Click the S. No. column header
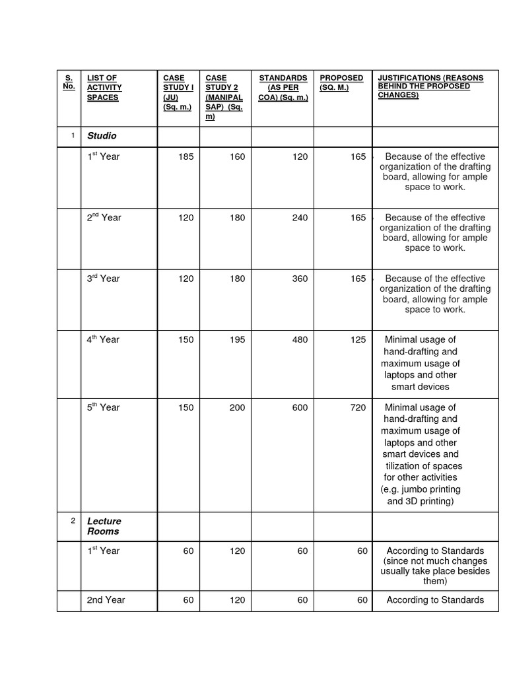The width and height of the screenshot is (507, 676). point(69,82)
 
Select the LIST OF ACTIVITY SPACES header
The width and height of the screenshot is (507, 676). point(104,88)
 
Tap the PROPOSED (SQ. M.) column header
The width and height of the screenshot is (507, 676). point(341,83)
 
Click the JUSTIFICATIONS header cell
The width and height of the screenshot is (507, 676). point(430,86)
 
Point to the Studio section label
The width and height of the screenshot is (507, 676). point(102,135)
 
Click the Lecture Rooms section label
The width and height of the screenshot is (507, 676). point(104,526)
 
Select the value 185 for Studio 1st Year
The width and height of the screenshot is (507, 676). point(186,156)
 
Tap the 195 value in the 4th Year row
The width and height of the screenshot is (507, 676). point(236,339)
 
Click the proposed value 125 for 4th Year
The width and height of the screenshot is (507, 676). point(358,339)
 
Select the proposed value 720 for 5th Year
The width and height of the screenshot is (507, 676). point(358,407)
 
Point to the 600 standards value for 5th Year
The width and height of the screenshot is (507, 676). point(299,407)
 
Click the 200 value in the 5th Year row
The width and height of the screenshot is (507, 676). point(236,407)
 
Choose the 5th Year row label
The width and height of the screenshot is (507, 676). point(104,407)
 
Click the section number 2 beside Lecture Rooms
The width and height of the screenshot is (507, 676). point(73,521)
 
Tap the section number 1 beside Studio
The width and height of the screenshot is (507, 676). point(73,135)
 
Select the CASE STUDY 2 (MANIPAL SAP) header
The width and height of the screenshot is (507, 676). point(224,97)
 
